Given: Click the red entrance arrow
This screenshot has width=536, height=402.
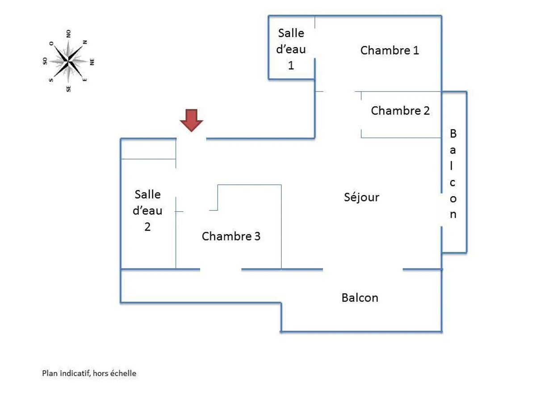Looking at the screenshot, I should [192, 120].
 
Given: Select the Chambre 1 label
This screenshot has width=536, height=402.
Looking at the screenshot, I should [389, 50].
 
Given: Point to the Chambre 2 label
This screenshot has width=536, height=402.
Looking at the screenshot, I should [400, 110].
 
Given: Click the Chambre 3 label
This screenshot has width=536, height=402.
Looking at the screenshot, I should [231, 236].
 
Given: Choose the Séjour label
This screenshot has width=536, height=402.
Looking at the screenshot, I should [362, 197].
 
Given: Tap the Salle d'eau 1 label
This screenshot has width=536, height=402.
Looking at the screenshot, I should [291, 49].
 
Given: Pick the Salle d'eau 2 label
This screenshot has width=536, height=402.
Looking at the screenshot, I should [147, 210].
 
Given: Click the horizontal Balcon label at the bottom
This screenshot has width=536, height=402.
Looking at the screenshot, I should [360, 297].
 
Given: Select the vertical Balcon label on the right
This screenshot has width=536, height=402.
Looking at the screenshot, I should [453, 174].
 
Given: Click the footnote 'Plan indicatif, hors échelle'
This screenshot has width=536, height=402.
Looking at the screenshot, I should [89, 373].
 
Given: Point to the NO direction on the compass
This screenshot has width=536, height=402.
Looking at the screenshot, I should [69, 33].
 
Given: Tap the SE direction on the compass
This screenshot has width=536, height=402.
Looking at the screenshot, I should [69, 88].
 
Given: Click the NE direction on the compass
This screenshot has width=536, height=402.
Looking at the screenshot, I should [92, 62].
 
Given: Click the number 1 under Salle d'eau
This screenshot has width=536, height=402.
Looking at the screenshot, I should [291, 65].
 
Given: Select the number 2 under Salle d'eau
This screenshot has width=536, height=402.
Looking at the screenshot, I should [147, 226].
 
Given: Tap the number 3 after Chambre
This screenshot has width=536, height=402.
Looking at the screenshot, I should [257, 236].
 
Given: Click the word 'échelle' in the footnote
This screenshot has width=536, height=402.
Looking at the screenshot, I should [124, 373].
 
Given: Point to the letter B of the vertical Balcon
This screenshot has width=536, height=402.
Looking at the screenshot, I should [453, 134].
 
